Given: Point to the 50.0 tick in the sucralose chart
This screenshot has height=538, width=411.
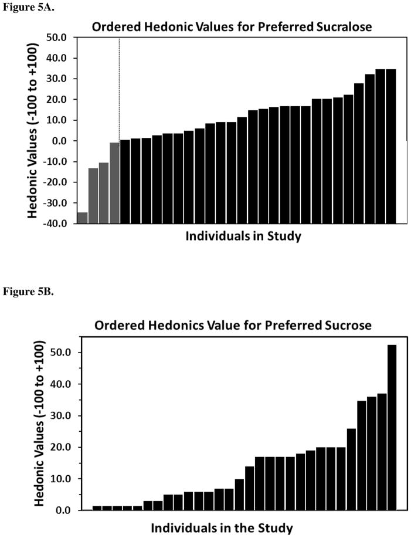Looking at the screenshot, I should [58, 38].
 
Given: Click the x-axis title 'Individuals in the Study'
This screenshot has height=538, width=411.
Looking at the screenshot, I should [222, 527].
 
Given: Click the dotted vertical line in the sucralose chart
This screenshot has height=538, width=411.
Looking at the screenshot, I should [119, 88].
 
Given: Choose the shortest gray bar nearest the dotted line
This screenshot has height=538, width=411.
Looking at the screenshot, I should [114, 182].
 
